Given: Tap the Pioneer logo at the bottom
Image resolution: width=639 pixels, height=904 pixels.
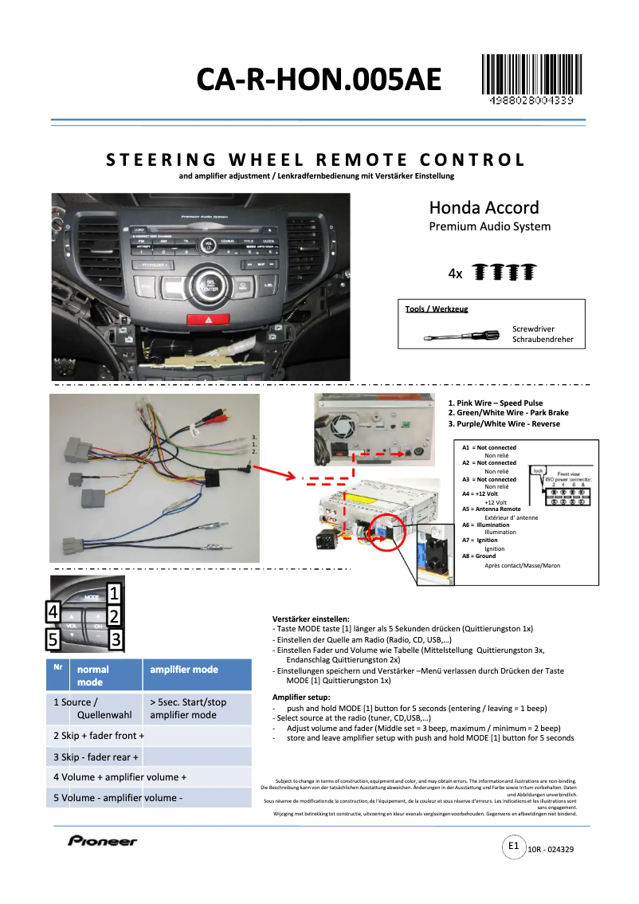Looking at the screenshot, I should (102, 840).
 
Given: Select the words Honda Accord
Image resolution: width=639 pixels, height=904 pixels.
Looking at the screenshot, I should (484, 208).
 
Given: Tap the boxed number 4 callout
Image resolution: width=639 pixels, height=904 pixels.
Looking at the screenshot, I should (53, 612).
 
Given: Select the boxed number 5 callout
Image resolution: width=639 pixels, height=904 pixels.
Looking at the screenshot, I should (53, 639).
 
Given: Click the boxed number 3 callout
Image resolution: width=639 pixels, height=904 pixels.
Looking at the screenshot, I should (115, 639).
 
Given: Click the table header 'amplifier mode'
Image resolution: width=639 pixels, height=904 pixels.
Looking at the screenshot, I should (184, 670).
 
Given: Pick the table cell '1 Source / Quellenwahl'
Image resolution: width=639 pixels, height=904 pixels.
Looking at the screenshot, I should (93, 709).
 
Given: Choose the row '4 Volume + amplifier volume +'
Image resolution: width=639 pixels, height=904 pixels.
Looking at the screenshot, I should (120, 777).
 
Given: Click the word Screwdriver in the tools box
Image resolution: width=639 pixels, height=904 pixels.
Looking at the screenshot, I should (533, 328).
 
